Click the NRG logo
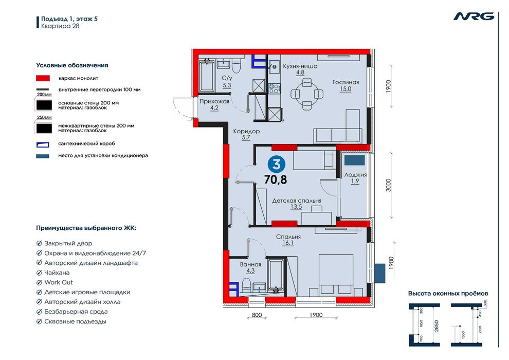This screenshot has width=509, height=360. click(x=474, y=16)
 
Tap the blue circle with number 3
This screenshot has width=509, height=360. click(x=277, y=165)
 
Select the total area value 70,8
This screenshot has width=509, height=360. click(x=276, y=179)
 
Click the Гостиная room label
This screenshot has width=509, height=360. click(x=346, y=82)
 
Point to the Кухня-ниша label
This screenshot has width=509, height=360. click(x=300, y=66)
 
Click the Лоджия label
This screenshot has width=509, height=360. click(x=355, y=175)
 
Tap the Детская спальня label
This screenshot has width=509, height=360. click(x=297, y=201)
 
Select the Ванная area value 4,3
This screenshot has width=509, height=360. click(x=250, y=271)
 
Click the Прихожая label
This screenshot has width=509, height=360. click(x=214, y=101)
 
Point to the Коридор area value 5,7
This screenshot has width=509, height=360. click(x=246, y=138)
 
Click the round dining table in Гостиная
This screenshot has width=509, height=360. click(x=307, y=94)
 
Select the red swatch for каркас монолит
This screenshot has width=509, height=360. click(x=43, y=78)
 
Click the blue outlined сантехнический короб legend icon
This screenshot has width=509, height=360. click(x=43, y=144)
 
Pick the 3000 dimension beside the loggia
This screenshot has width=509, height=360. click(x=389, y=185)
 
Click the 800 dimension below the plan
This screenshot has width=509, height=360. click(x=257, y=315)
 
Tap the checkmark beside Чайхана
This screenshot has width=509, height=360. click(x=39, y=273)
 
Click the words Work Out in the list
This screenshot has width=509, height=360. click(x=59, y=282)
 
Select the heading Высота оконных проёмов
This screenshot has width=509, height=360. click(x=448, y=294)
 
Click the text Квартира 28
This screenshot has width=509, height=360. click(x=60, y=26)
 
